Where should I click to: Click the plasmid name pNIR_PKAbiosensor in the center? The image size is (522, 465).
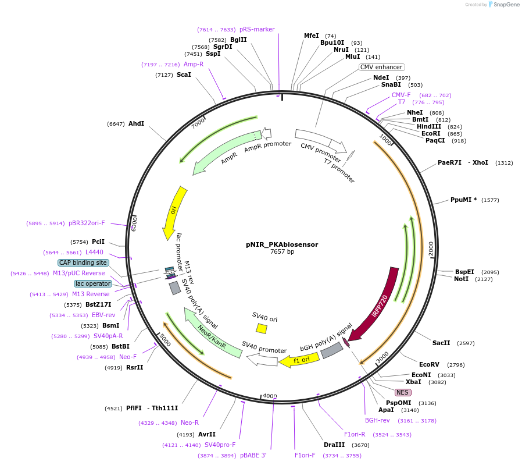tap(282, 244)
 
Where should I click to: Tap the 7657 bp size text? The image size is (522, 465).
tap(282, 252)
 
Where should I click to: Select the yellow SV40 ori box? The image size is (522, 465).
tap(262, 329)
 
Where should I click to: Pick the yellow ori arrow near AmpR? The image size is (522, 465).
tap(174, 212)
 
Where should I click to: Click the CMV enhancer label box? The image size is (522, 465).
tap(381, 67)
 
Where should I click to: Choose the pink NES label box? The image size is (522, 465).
tap(403, 392)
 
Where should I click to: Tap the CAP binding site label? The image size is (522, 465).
tap(83, 262)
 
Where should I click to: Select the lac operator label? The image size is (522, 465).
tap(92, 283)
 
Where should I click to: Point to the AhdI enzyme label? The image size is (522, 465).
tap(136, 123)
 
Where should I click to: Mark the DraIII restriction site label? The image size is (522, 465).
tap(334, 445)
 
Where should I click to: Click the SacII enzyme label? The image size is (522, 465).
tap(441, 343)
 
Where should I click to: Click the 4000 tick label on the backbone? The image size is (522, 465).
tap(270, 396)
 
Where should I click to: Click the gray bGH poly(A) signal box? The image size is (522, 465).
tap(331, 350)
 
